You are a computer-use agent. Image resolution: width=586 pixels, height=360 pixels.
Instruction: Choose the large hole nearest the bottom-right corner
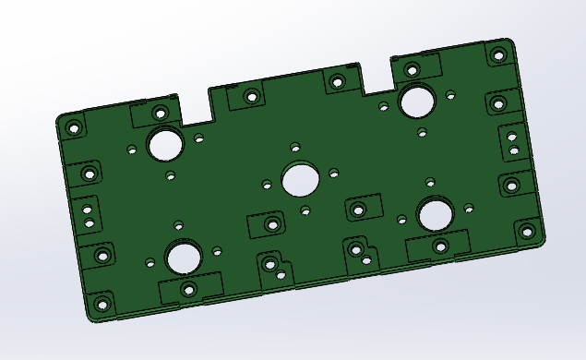(435, 214)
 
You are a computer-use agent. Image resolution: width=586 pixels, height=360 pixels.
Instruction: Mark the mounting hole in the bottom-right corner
(526, 232)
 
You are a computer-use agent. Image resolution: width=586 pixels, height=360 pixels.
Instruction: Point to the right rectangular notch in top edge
(377, 78)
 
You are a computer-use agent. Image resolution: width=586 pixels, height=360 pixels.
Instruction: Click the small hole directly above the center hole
(295, 147)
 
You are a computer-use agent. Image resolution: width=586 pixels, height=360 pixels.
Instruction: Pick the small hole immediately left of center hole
(267, 185)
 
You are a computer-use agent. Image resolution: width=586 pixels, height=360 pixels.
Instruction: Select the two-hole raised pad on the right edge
(513, 141)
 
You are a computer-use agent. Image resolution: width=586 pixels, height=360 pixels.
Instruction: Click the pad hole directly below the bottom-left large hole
(189, 290)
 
